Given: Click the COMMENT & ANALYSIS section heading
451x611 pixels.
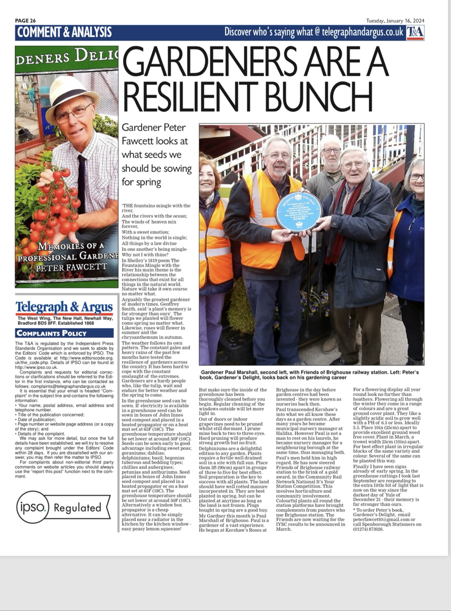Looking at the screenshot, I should pos(65,32).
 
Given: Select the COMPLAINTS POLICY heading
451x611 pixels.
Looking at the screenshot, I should pos(51,333).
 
